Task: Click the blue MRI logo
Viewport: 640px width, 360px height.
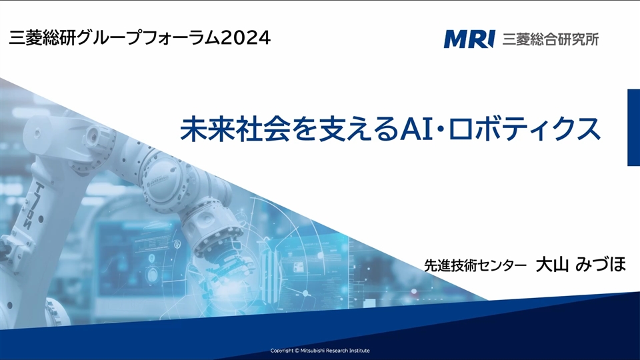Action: point(469,39)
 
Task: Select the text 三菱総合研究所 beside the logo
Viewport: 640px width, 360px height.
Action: point(550,39)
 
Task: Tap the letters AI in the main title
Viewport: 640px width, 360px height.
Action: point(416,129)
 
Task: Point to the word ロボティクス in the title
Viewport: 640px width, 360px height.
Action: point(525,129)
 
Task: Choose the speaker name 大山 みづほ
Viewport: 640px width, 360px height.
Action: point(581,264)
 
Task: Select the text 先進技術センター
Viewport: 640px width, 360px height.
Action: point(475,266)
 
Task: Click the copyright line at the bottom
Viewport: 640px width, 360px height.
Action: point(320,351)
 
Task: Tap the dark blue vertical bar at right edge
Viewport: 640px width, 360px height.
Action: point(633,127)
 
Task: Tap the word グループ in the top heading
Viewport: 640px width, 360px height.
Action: point(109,38)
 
